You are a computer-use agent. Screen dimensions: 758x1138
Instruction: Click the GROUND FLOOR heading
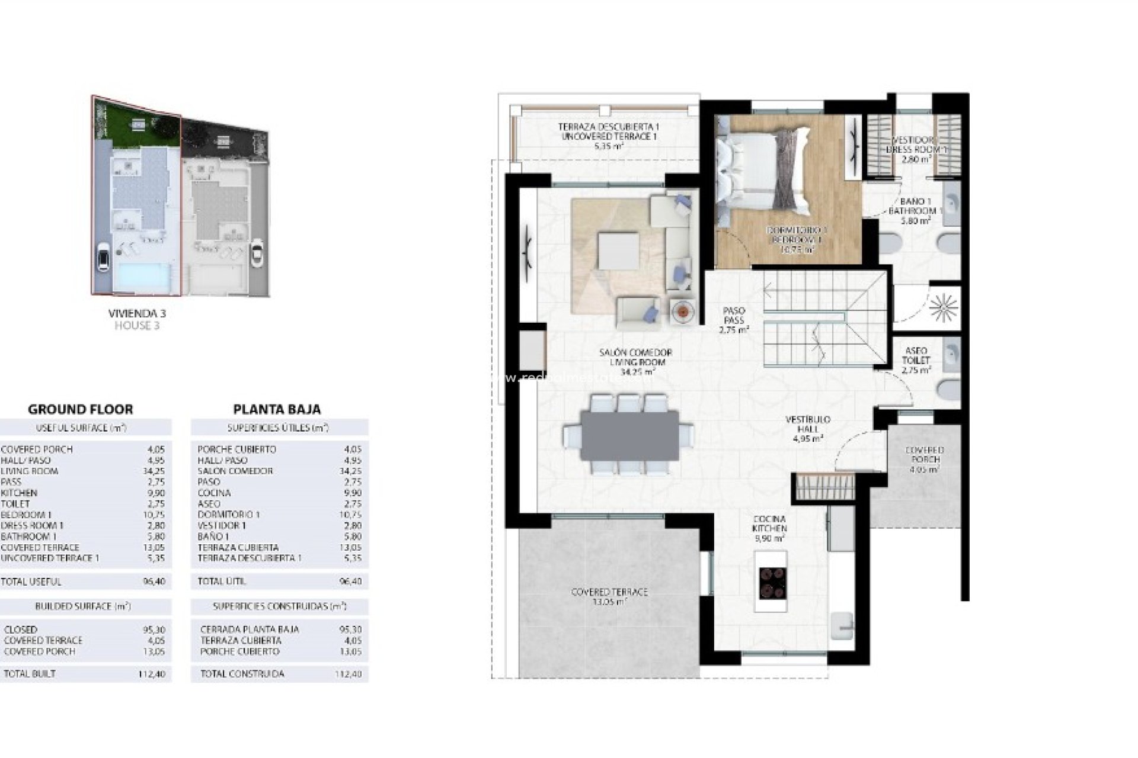point(81,409)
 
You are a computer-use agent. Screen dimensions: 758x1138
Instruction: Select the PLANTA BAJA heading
point(277,409)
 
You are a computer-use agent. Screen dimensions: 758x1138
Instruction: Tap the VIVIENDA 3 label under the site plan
point(137,313)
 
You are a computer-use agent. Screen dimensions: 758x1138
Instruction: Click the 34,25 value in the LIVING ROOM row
point(156,471)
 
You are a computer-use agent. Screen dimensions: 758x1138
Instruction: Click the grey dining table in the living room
point(629,435)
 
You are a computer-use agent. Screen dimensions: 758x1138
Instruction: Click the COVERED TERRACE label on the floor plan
point(609,596)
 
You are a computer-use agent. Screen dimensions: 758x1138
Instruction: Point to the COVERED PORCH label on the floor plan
point(925,460)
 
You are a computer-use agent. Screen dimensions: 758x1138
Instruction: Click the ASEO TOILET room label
point(916,359)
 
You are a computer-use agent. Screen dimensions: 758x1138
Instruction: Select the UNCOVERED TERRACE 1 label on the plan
point(609,137)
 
